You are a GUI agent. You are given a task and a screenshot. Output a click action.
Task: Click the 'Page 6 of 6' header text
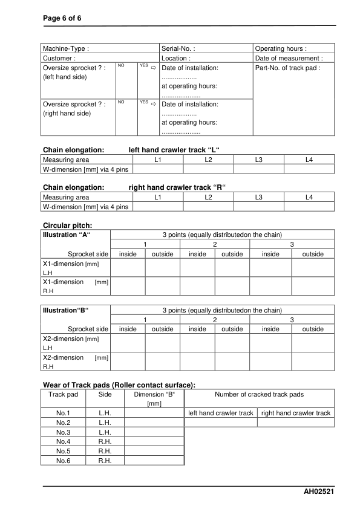[x=62, y=18]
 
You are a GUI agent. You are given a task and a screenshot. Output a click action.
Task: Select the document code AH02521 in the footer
[x=319, y=493]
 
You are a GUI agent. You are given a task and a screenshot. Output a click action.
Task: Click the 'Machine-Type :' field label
[x=66, y=48]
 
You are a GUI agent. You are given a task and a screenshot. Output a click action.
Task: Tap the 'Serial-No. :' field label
[x=178, y=48]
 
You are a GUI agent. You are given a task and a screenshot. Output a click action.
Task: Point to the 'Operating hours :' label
[x=281, y=48]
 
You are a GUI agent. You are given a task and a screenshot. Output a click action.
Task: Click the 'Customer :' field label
[x=59, y=59]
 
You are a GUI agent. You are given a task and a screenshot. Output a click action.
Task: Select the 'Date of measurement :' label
[x=293, y=59]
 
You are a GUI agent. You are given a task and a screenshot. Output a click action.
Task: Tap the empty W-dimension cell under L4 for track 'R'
[x=309, y=207]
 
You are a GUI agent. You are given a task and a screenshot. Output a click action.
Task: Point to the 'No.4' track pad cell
[x=64, y=441]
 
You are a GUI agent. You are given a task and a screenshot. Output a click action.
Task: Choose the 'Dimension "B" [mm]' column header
[x=154, y=398]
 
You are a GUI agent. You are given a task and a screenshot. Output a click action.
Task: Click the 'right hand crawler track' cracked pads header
[x=295, y=413]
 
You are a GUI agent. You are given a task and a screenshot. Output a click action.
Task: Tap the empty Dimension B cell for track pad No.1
[x=154, y=413]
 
